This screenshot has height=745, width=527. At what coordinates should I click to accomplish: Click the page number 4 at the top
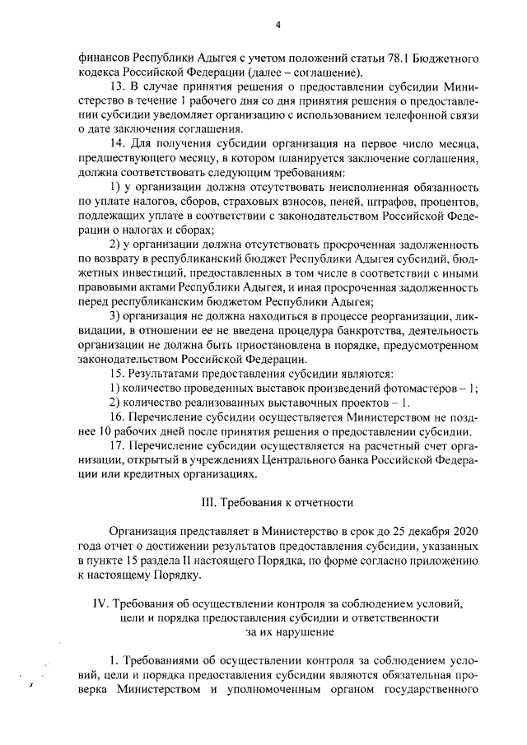pyautogui.click(x=277, y=24)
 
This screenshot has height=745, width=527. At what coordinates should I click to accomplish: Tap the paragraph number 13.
pyautogui.click(x=117, y=86)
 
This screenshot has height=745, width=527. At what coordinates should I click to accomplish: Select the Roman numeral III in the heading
pyautogui.click(x=208, y=503)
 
